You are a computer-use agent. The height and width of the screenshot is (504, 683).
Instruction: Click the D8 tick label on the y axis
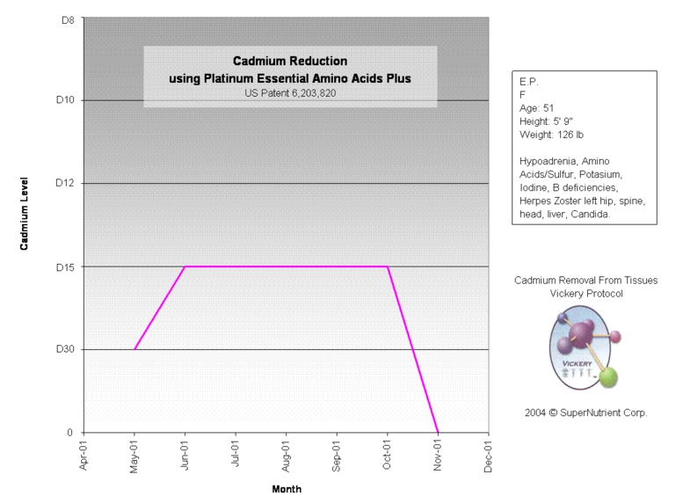(67, 18)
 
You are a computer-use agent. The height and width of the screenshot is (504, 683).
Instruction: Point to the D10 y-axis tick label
(65, 100)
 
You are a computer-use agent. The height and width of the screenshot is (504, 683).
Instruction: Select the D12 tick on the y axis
(65, 183)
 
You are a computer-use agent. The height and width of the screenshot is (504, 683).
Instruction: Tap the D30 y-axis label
(65, 349)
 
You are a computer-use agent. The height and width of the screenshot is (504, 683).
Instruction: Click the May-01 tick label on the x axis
(134, 457)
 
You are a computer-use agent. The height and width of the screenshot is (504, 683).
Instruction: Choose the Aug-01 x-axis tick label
(286, 457)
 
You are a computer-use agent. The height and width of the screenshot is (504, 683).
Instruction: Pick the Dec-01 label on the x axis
(488, 457)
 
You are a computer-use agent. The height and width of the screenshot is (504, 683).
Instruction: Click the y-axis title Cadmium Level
(25, 210)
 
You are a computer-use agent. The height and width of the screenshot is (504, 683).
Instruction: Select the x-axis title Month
(287, 489)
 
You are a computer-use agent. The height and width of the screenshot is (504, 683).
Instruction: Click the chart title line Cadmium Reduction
(290, 61)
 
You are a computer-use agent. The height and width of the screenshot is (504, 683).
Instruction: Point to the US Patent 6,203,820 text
(290, 92)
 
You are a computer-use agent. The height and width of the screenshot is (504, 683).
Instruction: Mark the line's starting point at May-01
(134, 349)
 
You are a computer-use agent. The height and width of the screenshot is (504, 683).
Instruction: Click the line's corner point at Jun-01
(185, 266)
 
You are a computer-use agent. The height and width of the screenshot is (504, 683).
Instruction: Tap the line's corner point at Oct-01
(388, 266)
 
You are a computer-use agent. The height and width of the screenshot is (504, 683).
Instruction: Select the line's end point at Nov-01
(438, 432)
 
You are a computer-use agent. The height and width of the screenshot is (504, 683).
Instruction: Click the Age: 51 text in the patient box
(536, 107)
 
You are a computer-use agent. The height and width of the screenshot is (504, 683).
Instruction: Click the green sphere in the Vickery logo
(608, 378)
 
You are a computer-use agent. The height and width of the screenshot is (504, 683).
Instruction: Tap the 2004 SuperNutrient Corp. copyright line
(585, 412)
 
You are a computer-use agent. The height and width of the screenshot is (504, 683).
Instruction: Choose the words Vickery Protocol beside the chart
(585, 294)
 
